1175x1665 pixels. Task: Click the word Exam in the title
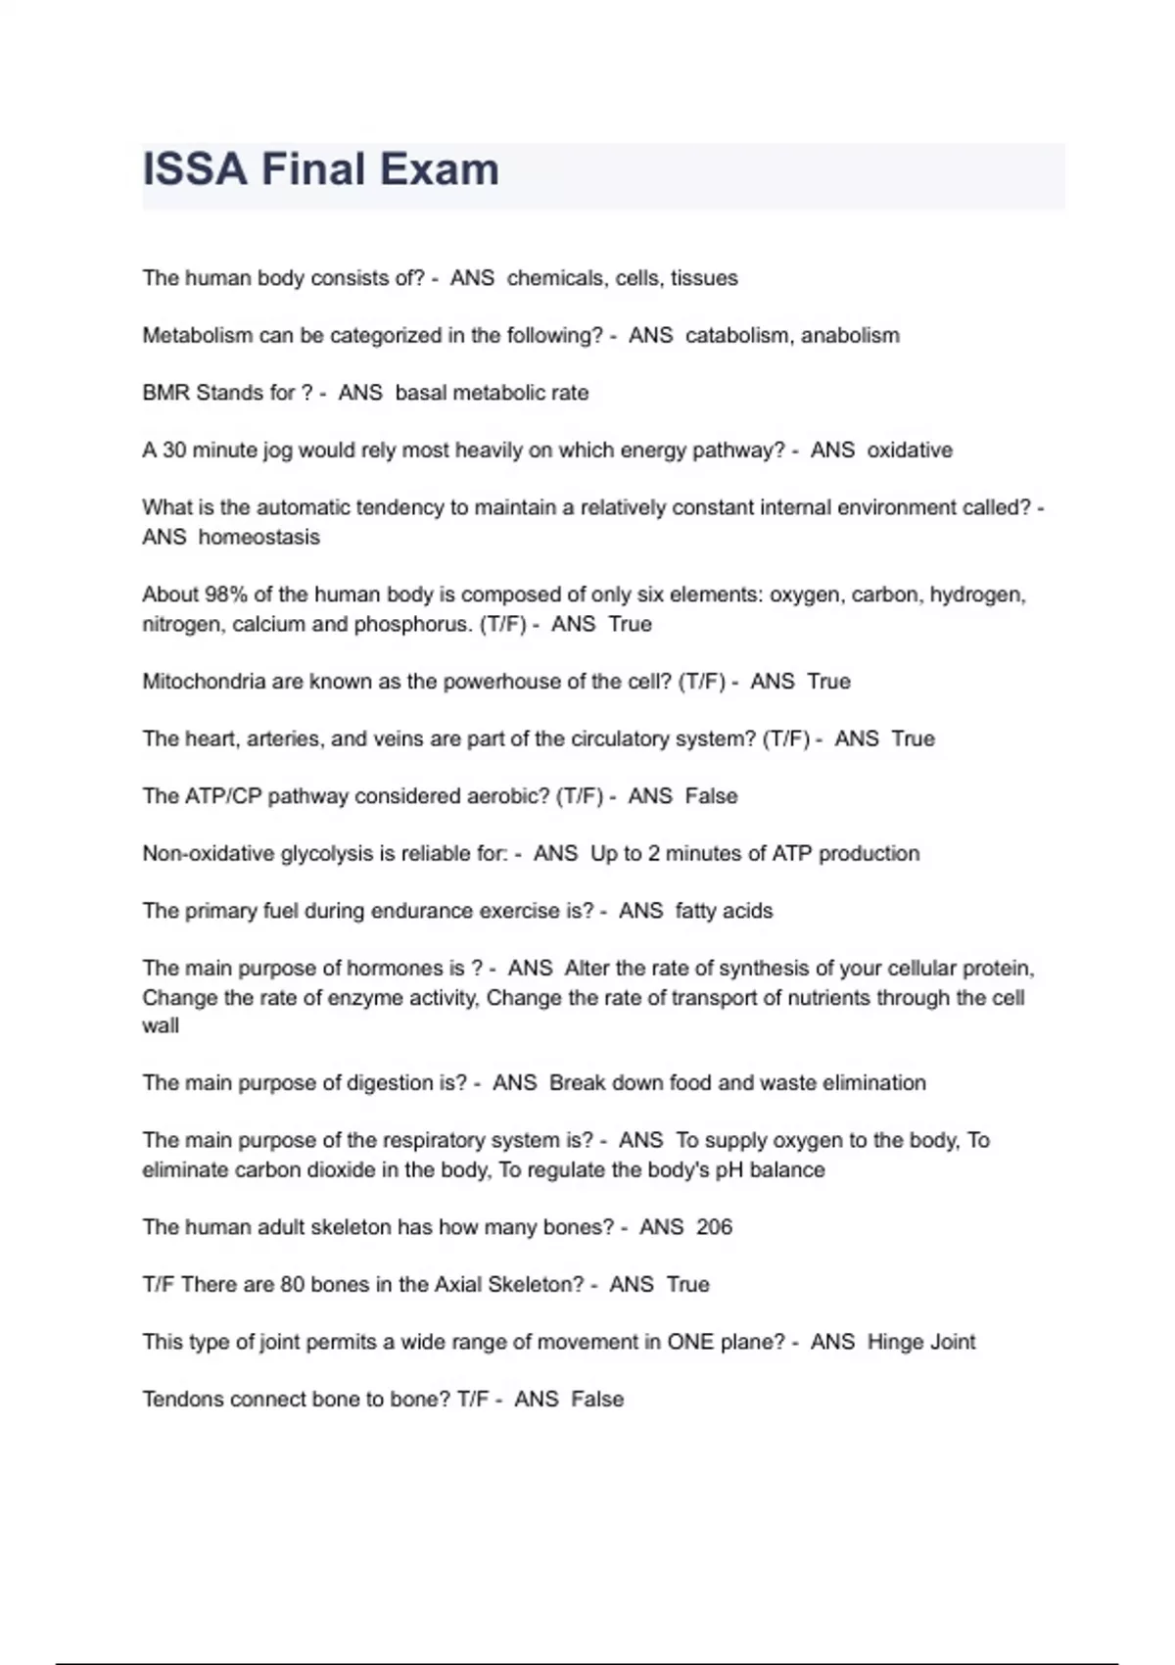pyautogui.click(x=440, y=169)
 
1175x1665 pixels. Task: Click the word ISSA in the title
pyautogui.click(x=195, y=169)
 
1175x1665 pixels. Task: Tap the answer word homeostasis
pyautogui.click(x=258, y=538)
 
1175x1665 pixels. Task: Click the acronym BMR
pyautogui.click(x=166, y=393)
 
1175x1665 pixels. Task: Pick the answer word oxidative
pyautogui.click(x=910, y=451)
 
